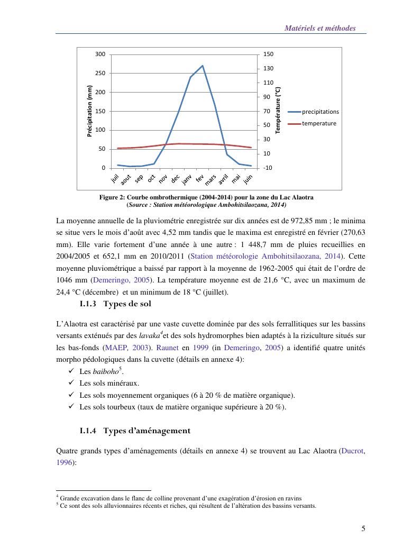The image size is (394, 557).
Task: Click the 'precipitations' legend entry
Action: [320, 112]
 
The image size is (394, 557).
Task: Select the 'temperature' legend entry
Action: [318, 123]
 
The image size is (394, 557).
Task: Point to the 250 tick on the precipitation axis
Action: [100, 73]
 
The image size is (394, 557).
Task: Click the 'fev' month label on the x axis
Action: [200, 179]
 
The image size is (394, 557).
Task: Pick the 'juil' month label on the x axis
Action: [115, 179]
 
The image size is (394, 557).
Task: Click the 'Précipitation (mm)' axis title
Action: [89, 112]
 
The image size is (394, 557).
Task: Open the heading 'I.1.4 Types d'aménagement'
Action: [134, 431]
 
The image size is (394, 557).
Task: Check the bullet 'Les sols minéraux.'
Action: [109, 383]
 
